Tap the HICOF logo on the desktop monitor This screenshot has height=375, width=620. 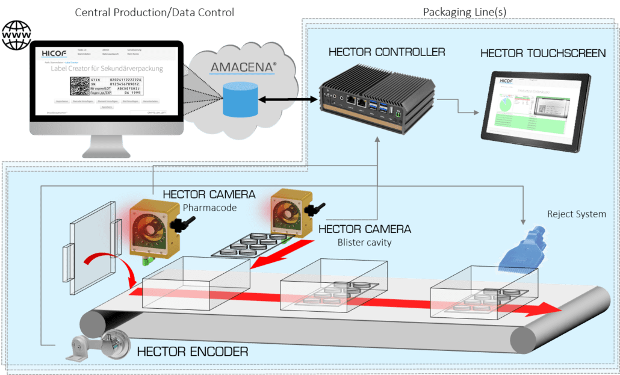point(55,54)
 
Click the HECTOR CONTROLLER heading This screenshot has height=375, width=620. point(386,52)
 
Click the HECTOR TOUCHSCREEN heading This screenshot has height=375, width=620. point(543,54)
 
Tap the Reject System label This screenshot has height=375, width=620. point(576,214)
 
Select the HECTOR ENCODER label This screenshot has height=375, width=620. point(192,351)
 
